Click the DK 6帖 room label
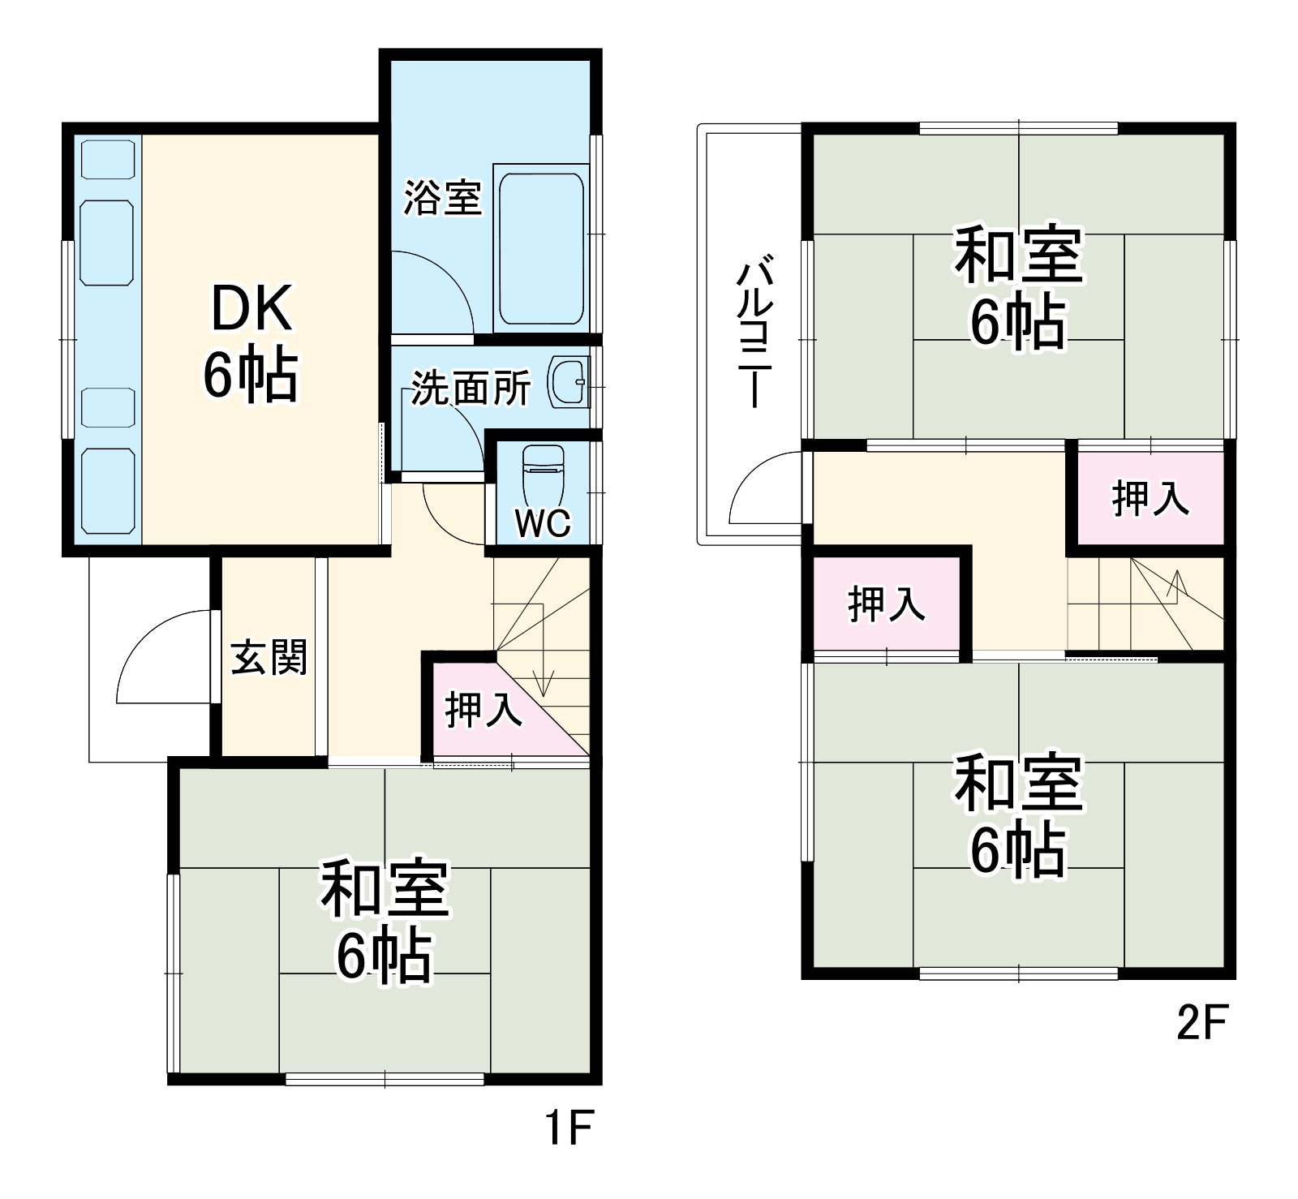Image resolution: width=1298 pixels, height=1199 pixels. click(x=251, y=342)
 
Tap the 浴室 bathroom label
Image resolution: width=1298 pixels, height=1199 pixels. click(x=443, y=197)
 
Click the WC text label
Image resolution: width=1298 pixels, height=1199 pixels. click(x=543, y=524)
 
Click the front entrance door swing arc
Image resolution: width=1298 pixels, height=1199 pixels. click(x=154, y=649)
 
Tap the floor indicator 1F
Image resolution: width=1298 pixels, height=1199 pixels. click(x=569, y=1128)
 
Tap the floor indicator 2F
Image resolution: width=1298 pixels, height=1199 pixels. click(x=1203, y=1024)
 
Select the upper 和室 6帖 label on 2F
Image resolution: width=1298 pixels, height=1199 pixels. click(x=1018, y=288)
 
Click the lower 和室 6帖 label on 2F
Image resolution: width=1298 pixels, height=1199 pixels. click(x=1018, y=815)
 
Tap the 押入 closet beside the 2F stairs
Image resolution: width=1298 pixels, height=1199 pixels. click(x=1150, y=497)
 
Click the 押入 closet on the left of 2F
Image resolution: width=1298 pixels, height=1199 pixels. click(x=886, y=604)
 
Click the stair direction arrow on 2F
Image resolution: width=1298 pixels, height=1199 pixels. click(x=1176, y=585)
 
